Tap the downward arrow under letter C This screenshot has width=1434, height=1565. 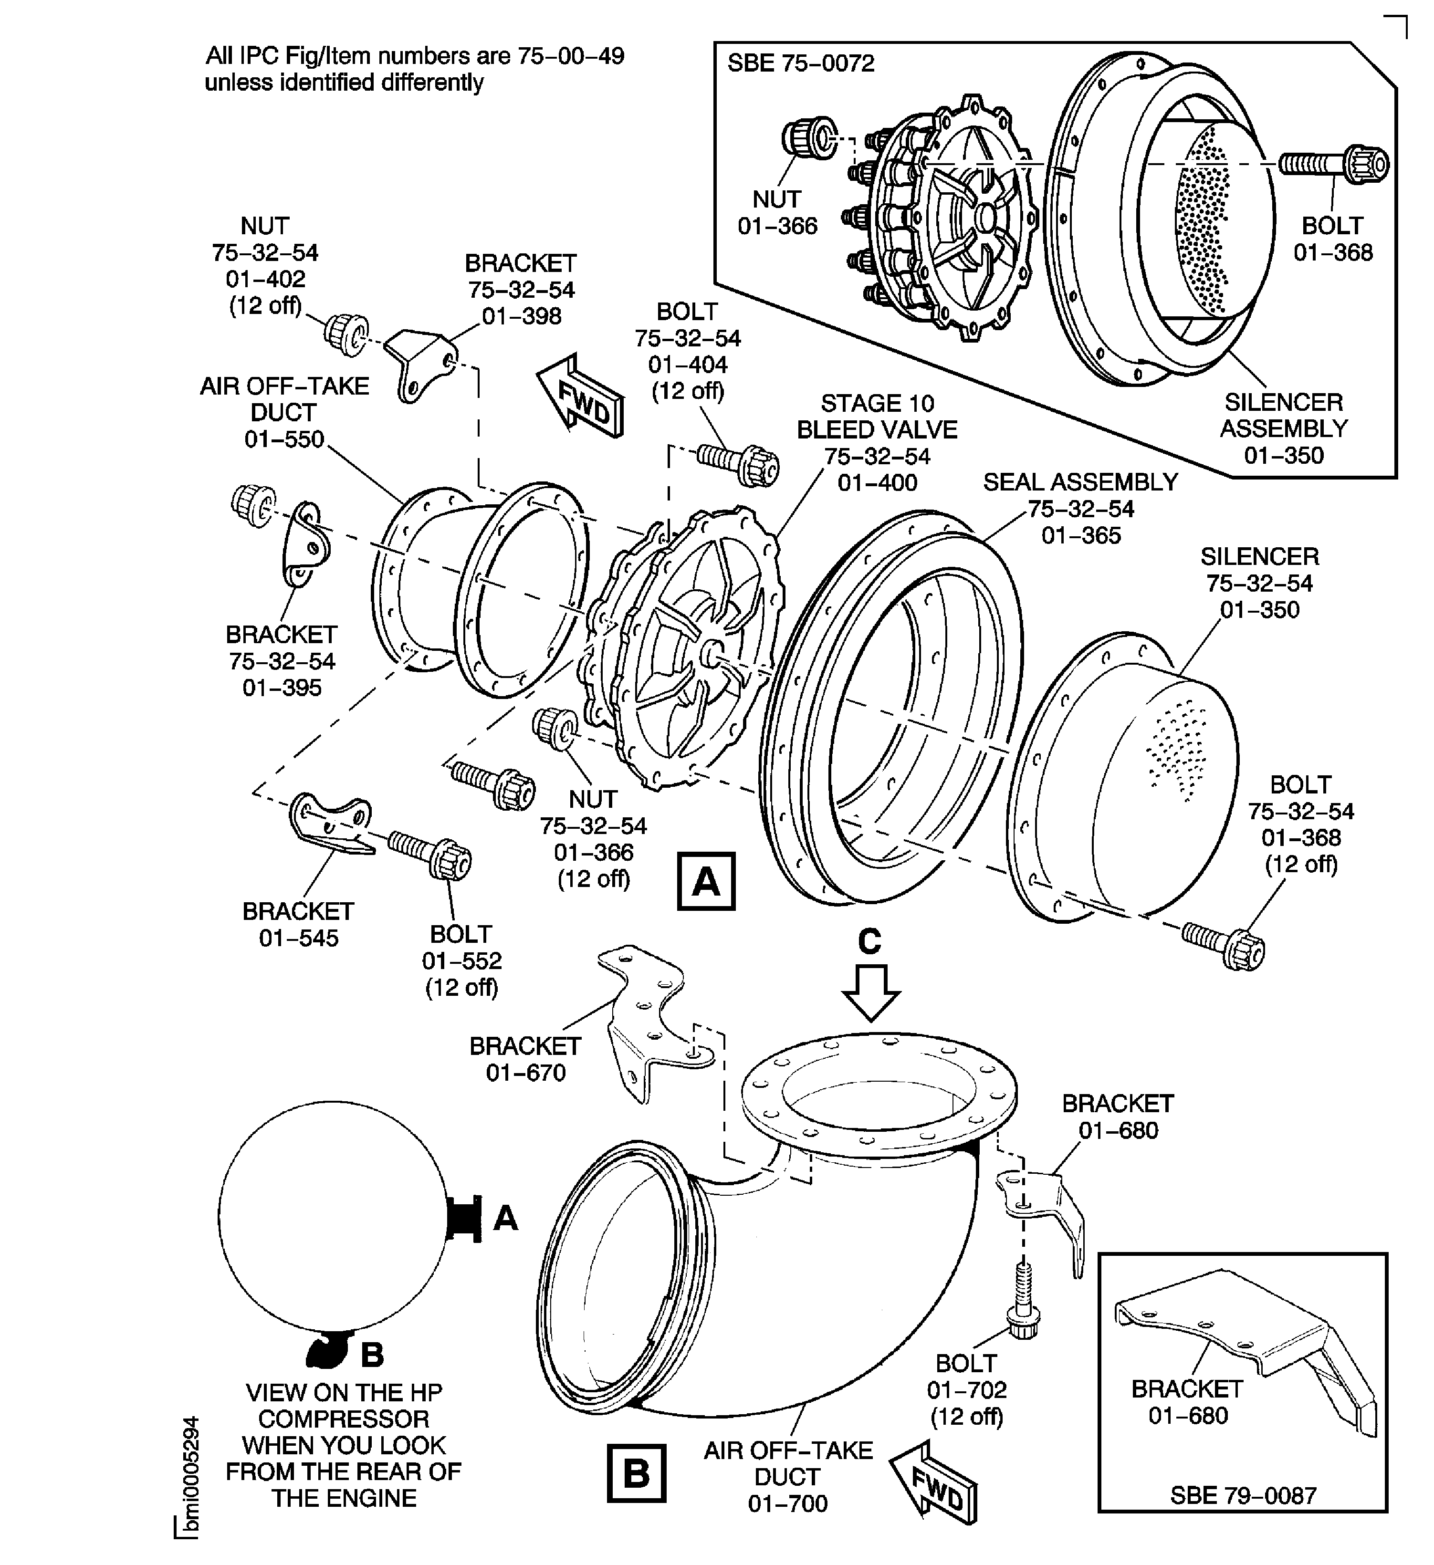click(x=870, y=992)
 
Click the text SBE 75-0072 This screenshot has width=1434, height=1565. click(x=800, y=63)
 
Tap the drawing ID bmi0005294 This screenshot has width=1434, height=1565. click(x=188, y=1487)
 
